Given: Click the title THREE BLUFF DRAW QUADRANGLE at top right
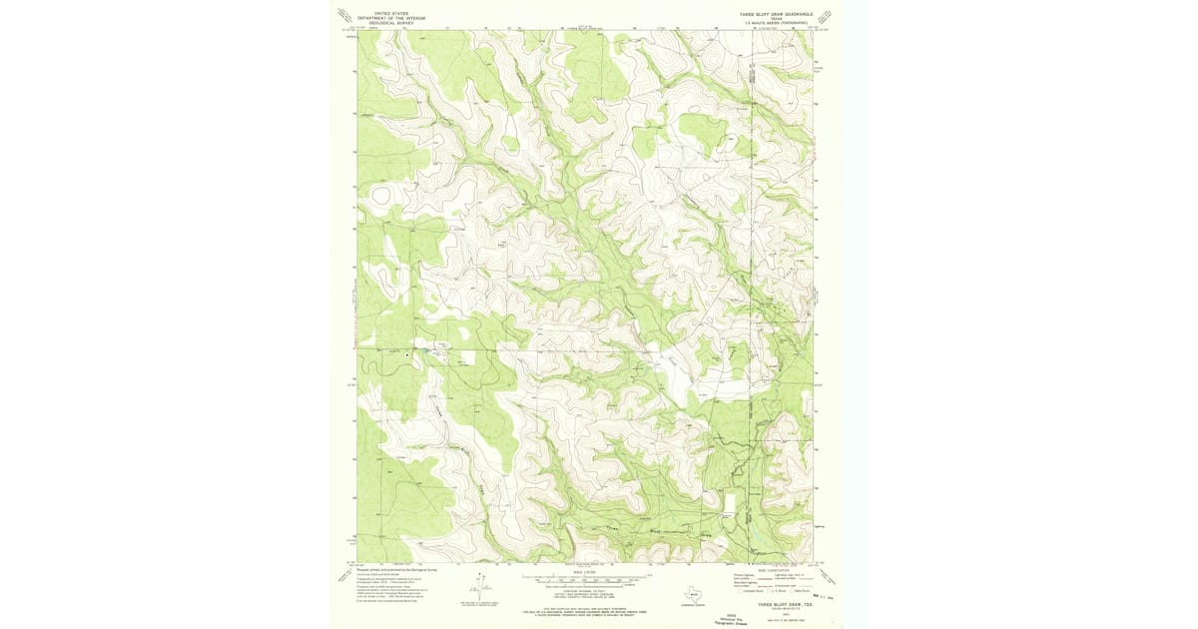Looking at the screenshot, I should click(776, 14).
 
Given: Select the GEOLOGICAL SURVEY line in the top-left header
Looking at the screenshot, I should click(390, 22).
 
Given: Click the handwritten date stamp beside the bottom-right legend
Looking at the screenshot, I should click(825, 596).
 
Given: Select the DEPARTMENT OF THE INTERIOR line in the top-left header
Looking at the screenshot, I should click(390, 18).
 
